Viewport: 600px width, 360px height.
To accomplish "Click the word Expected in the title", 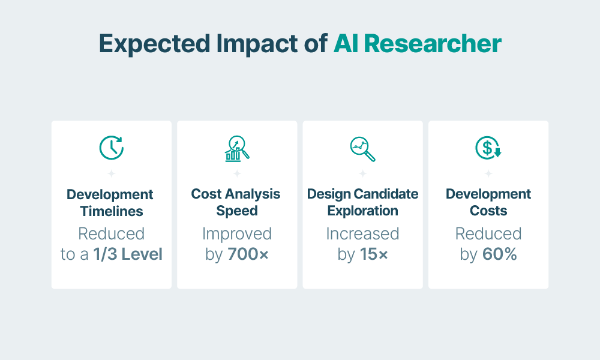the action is click(x=155, y=44).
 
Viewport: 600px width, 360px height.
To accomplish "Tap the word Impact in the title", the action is click(x=257, y=44).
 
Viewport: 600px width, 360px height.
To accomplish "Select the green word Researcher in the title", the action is click(x=433, y=43).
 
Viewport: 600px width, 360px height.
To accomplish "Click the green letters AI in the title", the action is click(x=346, y=43).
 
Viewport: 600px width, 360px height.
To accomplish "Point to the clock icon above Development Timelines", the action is click(x=112, y=148).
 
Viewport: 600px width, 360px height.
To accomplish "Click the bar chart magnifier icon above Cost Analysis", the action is click(x=237, y=148).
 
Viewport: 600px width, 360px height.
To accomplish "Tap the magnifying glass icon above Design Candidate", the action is click(x=363, y=149).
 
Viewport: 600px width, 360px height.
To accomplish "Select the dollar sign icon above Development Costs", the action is click(x=488, y=148).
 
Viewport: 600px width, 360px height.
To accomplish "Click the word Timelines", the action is click(x=112, y=211).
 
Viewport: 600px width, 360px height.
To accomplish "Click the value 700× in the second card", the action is click(x=248, y=254).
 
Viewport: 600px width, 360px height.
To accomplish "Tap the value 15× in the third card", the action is click(x=373, y=254).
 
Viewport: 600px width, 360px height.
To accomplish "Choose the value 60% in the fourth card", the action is click(x=499, y=254).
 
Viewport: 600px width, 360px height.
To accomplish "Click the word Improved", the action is click(x=237, y=234).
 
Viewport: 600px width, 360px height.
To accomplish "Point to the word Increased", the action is click(x=363, y=234).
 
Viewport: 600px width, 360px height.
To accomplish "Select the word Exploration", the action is click(x=363, y=211).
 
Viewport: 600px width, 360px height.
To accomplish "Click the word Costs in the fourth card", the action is click(x=488, y=211).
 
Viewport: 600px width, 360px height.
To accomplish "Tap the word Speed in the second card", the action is click(x=237, y=211).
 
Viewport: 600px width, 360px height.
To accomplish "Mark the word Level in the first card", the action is click(x=142, y=254).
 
